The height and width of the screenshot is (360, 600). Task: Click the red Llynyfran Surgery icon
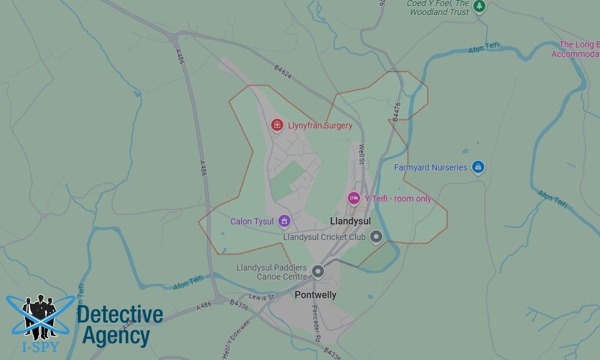[277, 125]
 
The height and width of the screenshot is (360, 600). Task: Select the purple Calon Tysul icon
[285, 221]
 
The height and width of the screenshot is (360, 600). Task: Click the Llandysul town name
[350, 221]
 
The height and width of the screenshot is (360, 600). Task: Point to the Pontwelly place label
[316, 295]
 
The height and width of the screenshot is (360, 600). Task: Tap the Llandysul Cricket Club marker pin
[376, 237]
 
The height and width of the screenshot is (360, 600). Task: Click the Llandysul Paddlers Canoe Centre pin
[318, 272]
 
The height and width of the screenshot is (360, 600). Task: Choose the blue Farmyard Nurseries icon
[478, 167]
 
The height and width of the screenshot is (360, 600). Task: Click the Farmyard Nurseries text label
[430, 167]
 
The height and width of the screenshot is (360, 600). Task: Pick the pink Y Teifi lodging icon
[354, 198]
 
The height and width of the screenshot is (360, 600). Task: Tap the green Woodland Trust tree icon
[479, 6]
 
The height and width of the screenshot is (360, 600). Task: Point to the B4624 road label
[283, 71]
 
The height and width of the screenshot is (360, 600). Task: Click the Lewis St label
[262, 297]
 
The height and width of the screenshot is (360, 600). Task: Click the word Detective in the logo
[120, 314]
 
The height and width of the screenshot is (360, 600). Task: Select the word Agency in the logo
[116, 336]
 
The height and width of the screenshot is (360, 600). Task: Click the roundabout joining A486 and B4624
[174, 38]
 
